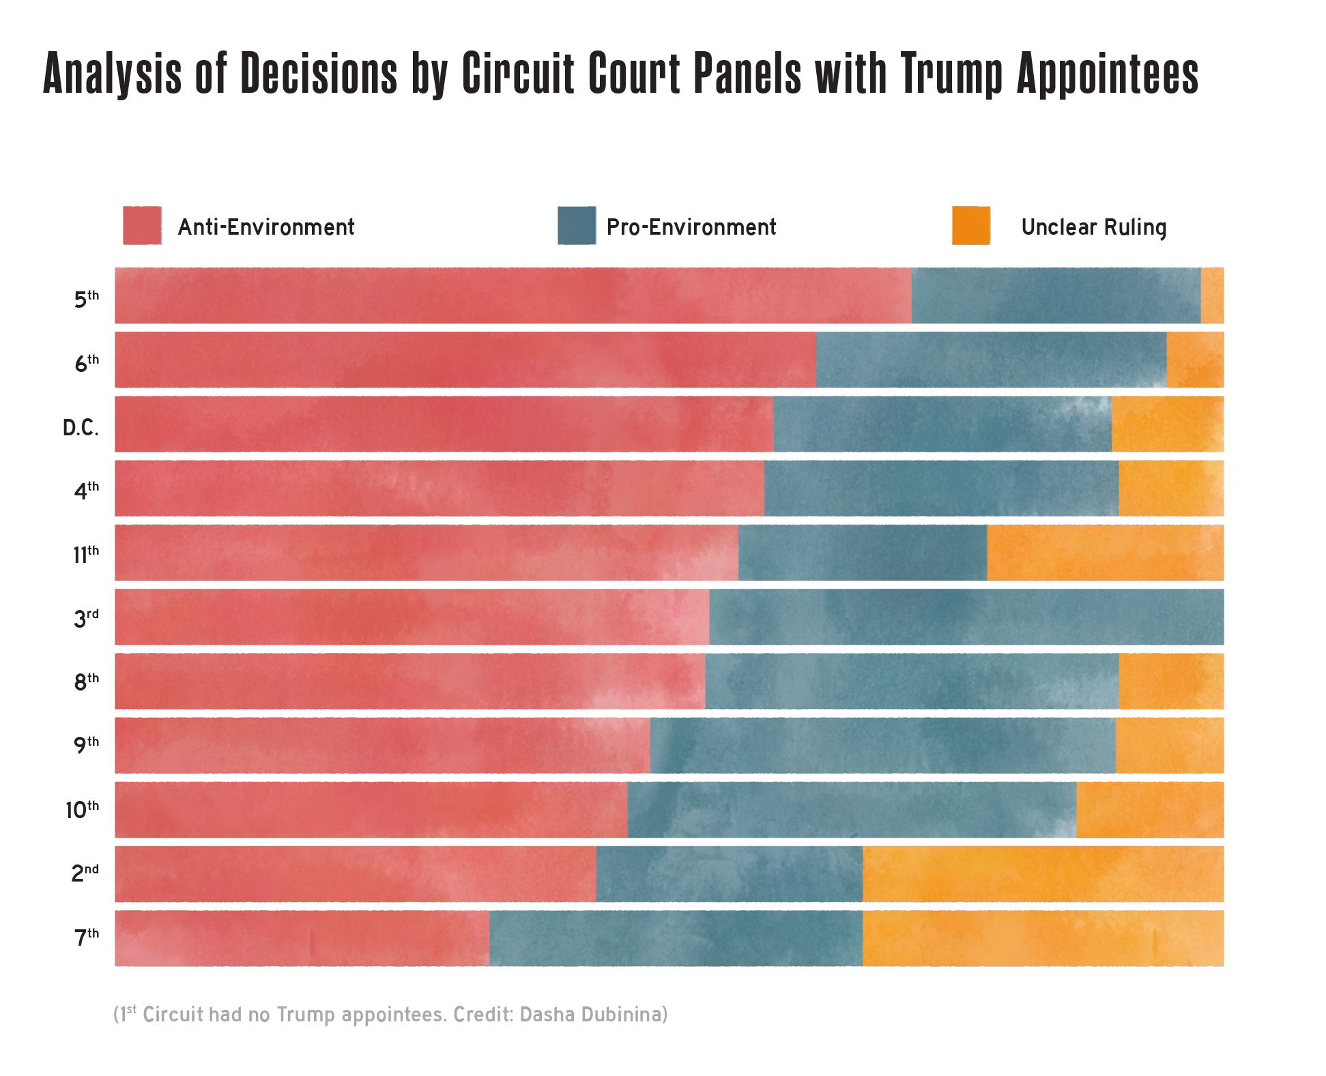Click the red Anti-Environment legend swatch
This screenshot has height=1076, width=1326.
tap(142, 225)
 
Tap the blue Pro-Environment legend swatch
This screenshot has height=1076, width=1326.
tap(576, 225)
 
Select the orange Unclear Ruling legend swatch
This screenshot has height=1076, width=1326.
tap(970, 225)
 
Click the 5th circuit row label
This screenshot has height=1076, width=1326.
tap(87, 299)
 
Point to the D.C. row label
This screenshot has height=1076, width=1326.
tap(81, 428)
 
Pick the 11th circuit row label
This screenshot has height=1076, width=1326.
tap(86, 554)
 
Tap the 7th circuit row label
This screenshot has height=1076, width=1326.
tap(87, 937)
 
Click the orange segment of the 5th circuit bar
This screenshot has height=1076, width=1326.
tap(1212, 295)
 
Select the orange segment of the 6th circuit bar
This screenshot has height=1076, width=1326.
tap(1194, 360)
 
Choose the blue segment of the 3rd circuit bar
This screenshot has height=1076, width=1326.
tap(966, 617)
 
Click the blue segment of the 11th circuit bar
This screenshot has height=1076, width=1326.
tap(862, 553)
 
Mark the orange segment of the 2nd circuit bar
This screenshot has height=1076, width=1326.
tap(1043, 874)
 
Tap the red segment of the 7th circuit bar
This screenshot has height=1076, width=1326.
tap(302, 938)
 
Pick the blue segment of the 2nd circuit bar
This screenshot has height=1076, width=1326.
tap(729, 874)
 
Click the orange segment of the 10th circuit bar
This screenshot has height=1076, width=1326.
tap(1150, 810)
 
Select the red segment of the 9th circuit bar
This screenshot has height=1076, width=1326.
tap(382, 745)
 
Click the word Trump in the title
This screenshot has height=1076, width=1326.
tap(952, 73)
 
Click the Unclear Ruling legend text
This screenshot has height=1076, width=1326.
tap(1093, 227)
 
